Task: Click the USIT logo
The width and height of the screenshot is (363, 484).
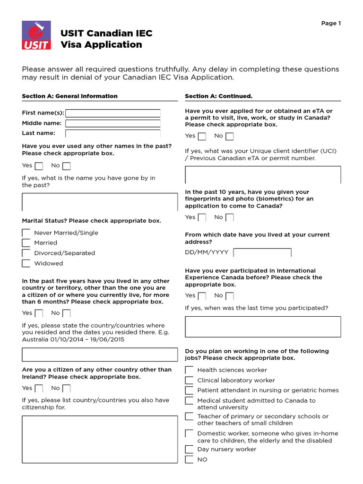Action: (35, 36)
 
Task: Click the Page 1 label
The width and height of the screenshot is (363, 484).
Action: (331, 23)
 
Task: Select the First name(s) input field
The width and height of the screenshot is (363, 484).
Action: (113, 113)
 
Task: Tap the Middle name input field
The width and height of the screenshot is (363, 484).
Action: (113, 123)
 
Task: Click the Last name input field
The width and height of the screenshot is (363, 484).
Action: (113, 133)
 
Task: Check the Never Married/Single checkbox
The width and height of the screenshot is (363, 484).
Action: (26, 233)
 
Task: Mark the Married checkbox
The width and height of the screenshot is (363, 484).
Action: (26, 243)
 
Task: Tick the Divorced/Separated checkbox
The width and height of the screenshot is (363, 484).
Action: (26, 253)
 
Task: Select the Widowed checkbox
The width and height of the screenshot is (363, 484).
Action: (26, 264)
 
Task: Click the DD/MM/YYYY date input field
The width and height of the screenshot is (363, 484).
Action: (262, 252)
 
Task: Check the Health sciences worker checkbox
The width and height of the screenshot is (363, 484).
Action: (189, 370)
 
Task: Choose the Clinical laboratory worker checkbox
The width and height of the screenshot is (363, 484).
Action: (189, 380)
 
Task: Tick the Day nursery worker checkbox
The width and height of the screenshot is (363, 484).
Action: (189, 449)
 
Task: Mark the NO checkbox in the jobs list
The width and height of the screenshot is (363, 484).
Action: (189, 460)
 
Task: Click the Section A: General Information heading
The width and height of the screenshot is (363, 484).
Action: (69, 96)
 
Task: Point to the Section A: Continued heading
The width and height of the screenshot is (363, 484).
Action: (218, 96)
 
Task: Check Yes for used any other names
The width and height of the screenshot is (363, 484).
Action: (39, 166)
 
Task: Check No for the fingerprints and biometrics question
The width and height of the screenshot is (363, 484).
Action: (230, 218)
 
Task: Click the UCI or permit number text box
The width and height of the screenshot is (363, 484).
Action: (262, 175)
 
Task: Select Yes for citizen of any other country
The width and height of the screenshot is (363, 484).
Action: (39, 389)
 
